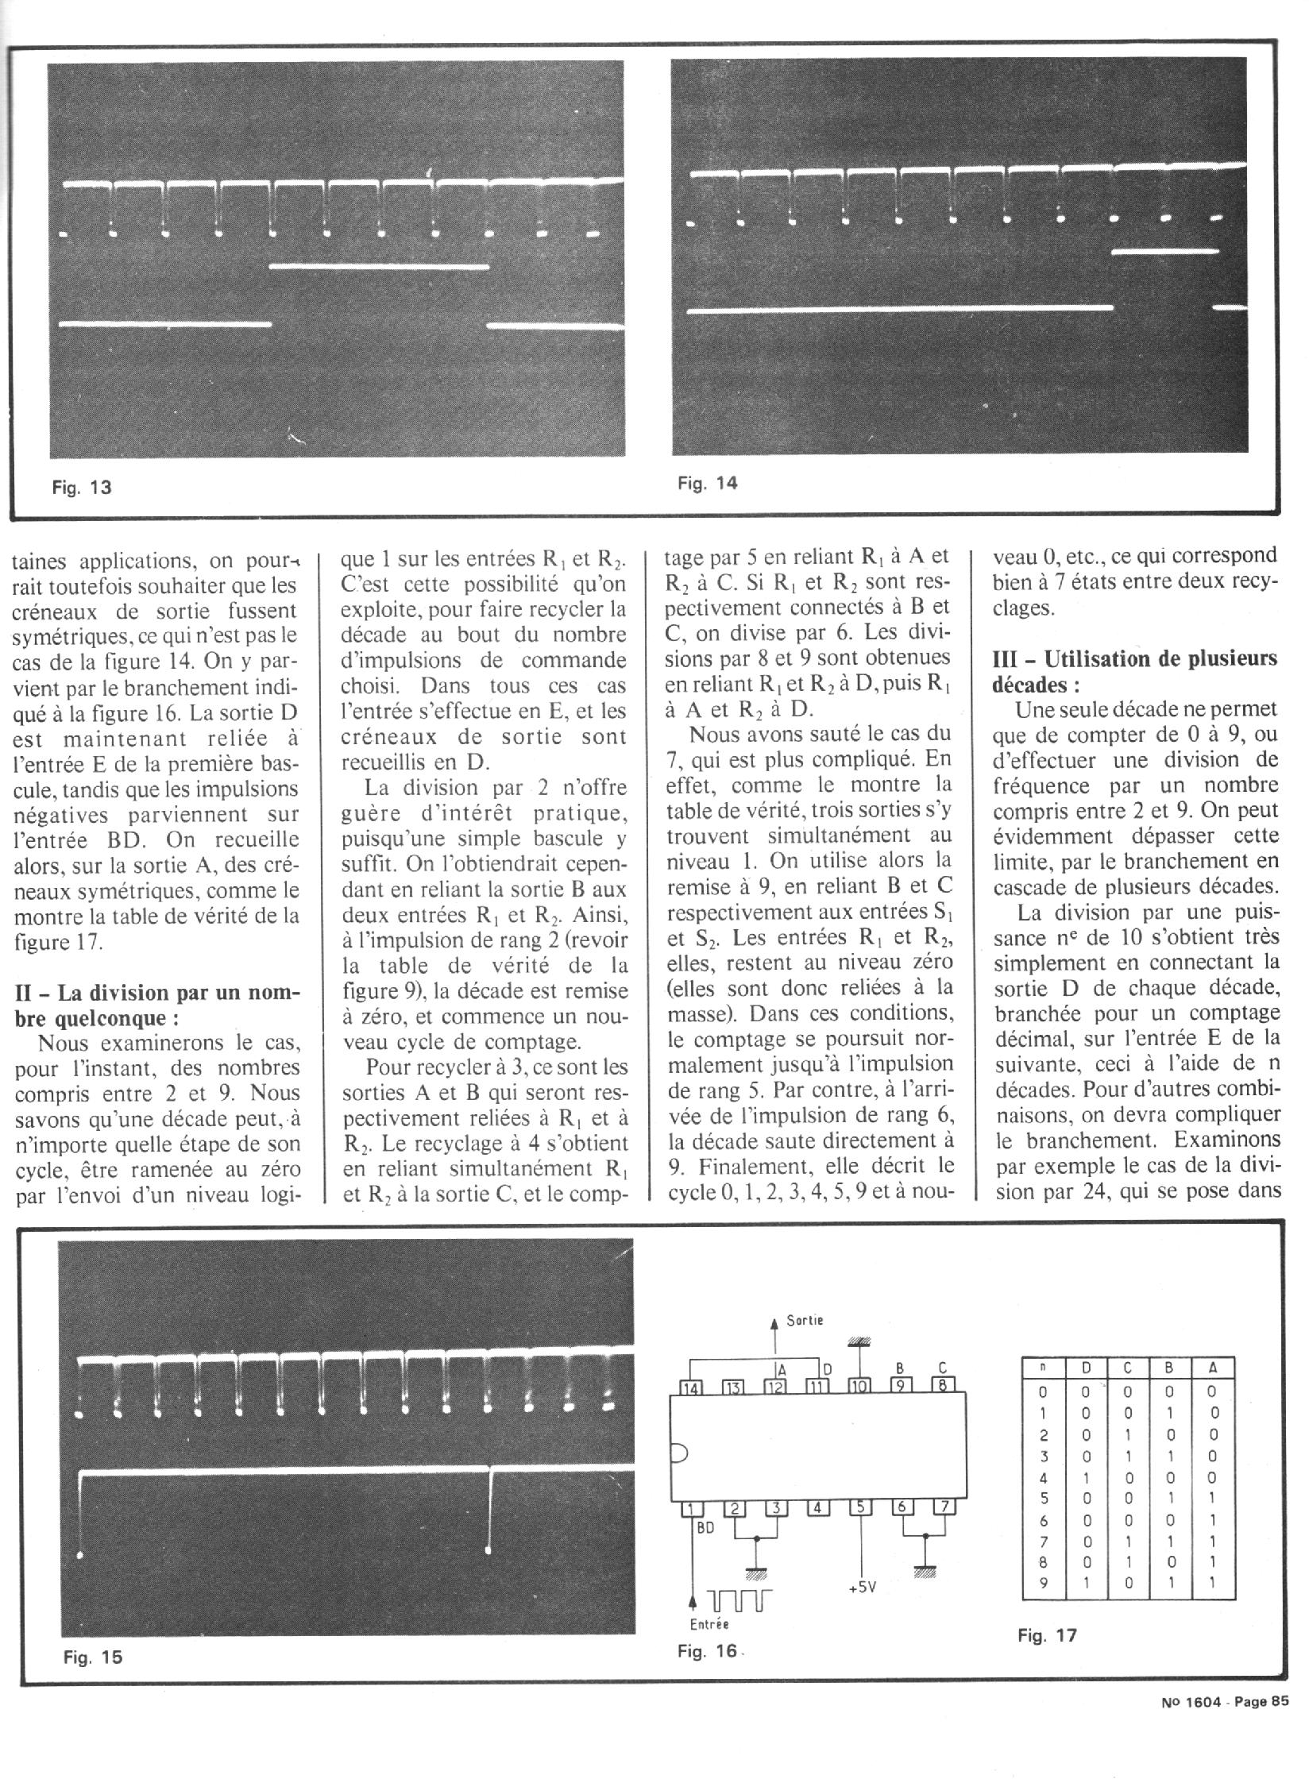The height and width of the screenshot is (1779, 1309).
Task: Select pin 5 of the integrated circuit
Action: click(x=861, y=1507)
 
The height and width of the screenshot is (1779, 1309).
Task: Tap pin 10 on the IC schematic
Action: click(x=859, y=1387)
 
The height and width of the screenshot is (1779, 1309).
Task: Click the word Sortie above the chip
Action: click(x=805, y=1320)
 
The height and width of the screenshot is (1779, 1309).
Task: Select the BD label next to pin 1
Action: click(x=705, y=1526)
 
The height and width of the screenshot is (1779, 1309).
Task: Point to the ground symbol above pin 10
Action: click(x=859, y=1342)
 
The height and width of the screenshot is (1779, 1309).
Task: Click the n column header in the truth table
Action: click(x=1043, y=1368)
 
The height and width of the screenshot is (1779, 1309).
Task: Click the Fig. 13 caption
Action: click(x=82, y=488)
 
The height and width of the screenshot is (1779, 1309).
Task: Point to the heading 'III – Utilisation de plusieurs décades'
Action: click(x=1135, y=672)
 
